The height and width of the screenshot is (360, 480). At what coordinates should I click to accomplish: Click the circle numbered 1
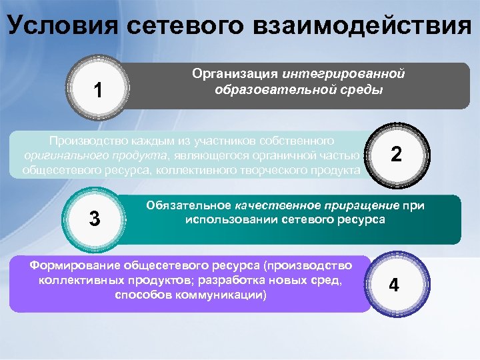click(98, 88)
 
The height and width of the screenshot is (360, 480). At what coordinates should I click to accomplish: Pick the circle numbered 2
click(396, 155)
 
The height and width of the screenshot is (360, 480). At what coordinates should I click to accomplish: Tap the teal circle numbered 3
click(95, 218)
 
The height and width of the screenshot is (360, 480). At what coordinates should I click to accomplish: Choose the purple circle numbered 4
click(394, 285)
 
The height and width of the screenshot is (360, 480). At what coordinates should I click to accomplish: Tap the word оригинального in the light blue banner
click(63, 155)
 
